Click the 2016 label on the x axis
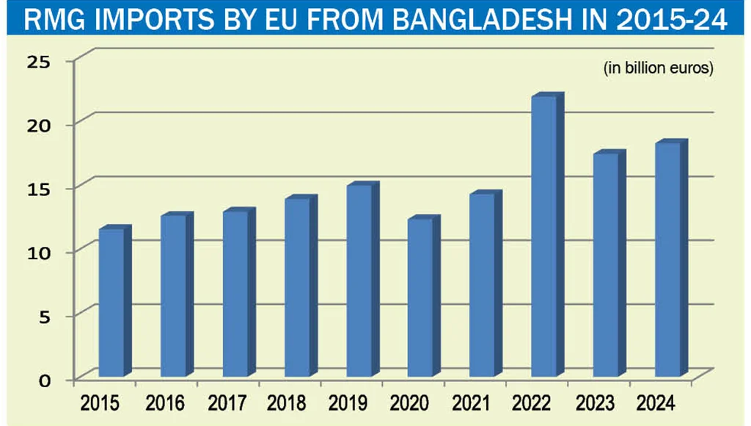click(165, 402)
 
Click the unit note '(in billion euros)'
click(658, 69)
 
